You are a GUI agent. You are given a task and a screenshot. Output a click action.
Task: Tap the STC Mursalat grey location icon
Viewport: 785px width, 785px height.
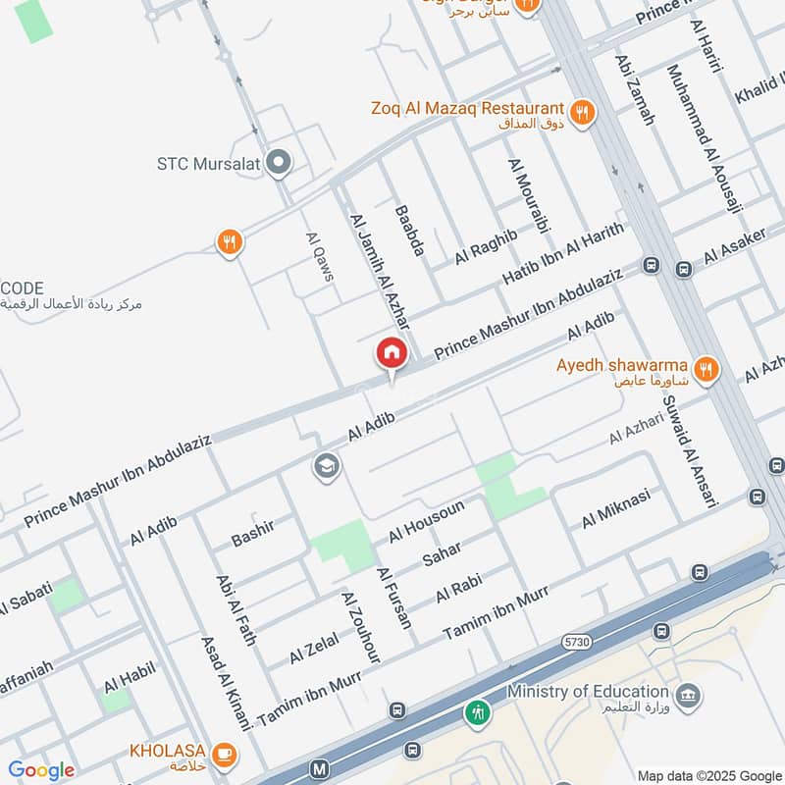coord(280,163)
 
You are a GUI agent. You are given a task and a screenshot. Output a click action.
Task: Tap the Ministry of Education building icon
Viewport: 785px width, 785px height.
coord(690,694)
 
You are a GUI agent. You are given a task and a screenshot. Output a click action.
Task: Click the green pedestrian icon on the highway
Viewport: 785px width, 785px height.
coord(478,712)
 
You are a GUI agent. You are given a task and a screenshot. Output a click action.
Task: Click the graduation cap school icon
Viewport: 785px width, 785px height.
coord(327,466)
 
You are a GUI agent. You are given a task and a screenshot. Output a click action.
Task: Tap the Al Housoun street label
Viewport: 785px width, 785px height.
coord(426,521)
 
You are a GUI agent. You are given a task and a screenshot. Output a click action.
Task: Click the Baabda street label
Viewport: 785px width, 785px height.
coord(409,232)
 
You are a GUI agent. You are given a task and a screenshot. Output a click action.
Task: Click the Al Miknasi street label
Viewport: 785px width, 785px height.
coord(615,508)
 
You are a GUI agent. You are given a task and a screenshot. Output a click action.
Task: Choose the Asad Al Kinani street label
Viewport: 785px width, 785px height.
coord(226,682)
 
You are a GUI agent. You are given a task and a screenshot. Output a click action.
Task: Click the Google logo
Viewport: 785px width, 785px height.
coord(41,770)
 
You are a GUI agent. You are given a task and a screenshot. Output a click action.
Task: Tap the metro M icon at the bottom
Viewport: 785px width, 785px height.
coord(319,770)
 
